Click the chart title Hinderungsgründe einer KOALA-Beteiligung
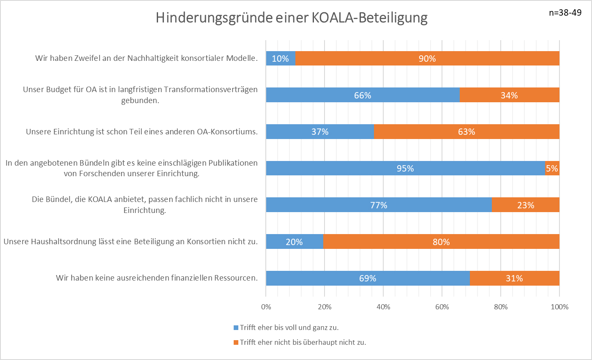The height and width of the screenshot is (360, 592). (292, 18)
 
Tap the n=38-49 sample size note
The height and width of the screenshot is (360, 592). (565, 13)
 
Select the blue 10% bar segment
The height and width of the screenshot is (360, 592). (281, 59)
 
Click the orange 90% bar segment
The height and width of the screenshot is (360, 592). (427, 59)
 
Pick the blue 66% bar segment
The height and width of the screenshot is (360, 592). (363, 95)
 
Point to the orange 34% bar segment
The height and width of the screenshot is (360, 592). (509, 95)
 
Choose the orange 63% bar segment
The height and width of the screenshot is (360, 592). (467, 132)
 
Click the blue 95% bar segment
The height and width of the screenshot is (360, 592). (405, 168)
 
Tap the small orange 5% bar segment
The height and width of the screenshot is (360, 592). (552, 168)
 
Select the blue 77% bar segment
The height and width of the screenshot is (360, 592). (379, 205)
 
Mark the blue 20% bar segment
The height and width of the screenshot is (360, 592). (295, 242)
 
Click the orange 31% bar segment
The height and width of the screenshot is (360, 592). (514, 278)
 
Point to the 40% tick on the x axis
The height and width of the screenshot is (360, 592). (383, 307)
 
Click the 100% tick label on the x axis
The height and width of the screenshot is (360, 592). (559, 307)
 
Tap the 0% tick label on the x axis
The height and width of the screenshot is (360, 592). (266, 307)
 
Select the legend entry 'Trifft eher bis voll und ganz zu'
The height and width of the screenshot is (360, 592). (289, 327)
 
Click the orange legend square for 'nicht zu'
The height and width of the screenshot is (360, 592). (236, 342)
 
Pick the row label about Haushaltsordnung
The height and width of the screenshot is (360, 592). (131, 242)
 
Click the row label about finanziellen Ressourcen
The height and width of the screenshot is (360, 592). (157, 278)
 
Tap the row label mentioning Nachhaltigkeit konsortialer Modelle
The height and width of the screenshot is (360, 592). (146, 58)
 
